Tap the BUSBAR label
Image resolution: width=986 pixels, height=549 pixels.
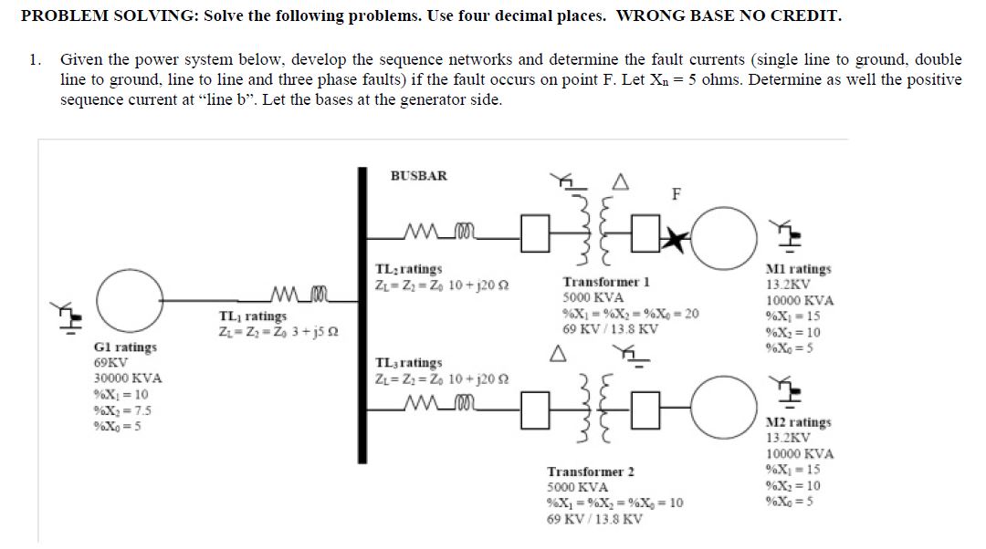tap(419, 175)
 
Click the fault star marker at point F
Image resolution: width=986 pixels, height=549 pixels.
tap(678, 239)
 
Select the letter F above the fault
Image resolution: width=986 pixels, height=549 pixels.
tap(676, 193)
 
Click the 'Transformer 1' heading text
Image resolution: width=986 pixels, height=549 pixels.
tap(606, 283)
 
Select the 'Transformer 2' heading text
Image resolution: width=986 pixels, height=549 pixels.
tap(590, 471)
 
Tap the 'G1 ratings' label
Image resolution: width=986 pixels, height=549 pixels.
tap(125, 347)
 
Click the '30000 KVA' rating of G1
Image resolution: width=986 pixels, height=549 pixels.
tap(128, 378)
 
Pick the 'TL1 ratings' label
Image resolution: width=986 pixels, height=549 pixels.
tap(253, 316)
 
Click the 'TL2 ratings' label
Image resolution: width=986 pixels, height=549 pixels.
tap(409, 269)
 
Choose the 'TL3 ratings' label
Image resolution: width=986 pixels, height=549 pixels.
tap(409, 363)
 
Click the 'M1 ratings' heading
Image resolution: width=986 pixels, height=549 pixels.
tap(799, 269)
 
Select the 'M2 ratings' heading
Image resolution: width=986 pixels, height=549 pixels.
tap(799, 422)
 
